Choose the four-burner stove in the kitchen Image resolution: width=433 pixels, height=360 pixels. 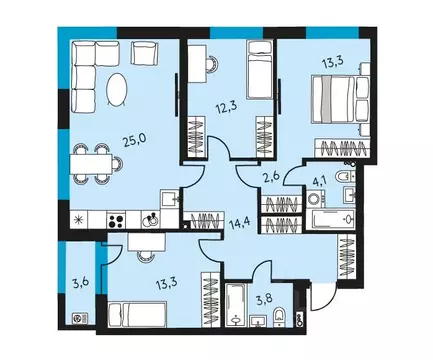[x=118, y=221]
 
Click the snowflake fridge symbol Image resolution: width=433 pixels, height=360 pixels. [x=77, y=220]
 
